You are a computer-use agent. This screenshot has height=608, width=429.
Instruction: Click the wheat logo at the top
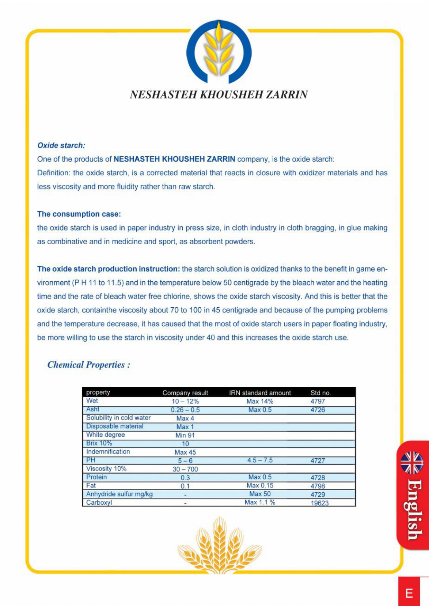[219, 52]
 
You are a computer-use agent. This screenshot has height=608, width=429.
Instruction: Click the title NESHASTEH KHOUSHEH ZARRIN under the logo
[219, 95]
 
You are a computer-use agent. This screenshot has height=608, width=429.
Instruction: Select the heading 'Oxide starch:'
[61, 146]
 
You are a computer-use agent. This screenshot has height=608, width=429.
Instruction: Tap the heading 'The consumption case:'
[79, 214]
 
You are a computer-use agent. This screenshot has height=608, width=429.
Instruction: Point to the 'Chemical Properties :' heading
[89, 365]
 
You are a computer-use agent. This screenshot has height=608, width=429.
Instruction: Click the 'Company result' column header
[185, 393]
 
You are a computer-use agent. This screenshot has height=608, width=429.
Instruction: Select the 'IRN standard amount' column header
[260, 393]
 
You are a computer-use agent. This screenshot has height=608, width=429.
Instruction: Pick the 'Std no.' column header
[320, 393]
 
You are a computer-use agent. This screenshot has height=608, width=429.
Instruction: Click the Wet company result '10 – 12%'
[185, 402]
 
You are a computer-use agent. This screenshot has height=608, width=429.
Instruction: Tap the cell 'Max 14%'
[260, 402]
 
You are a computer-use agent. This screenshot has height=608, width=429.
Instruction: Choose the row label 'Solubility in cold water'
[118, 418]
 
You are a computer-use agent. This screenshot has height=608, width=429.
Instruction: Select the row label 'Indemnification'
[108, 452]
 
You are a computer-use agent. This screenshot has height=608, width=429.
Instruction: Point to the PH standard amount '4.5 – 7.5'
[260, 460]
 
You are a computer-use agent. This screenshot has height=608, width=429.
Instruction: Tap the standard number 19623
[319, 503]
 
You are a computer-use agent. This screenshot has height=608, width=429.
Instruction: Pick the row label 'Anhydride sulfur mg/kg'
[119, 494]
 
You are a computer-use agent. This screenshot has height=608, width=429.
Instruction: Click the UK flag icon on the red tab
[412, 463]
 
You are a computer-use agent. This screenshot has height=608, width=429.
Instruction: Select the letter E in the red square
[409, 593]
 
